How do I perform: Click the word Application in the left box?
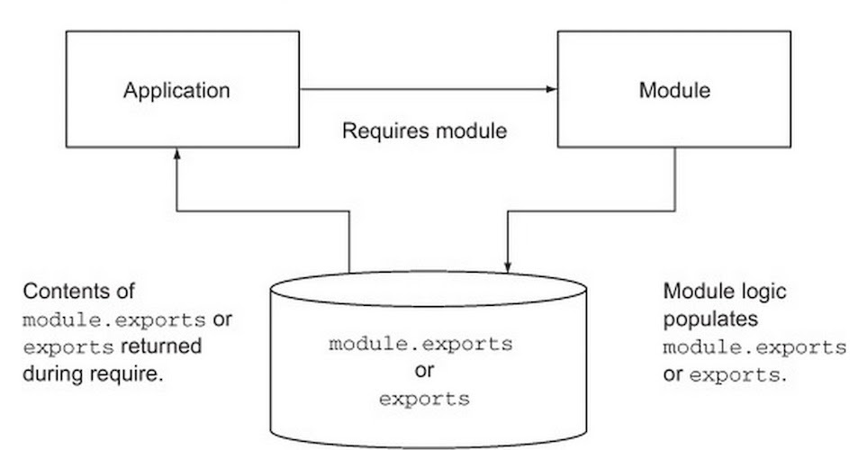tap(176, 91)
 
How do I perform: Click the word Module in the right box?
tap(674, 90)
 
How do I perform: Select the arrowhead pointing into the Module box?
tap(552, 89)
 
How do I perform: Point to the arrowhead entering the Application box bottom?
tap(176, 154)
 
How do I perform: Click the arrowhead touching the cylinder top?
tap(508, 266)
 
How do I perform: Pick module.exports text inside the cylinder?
tap(420, 344)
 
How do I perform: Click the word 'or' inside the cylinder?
tap(425, 371)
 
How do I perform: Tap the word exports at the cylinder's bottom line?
tap(425, 399)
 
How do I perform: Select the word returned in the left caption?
tap(161, 346)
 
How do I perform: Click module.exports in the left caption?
tap(114, 319)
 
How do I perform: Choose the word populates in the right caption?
tap(710, 319)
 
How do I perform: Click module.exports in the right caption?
tap(755, 347)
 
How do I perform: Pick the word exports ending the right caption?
tap(735, 375)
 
